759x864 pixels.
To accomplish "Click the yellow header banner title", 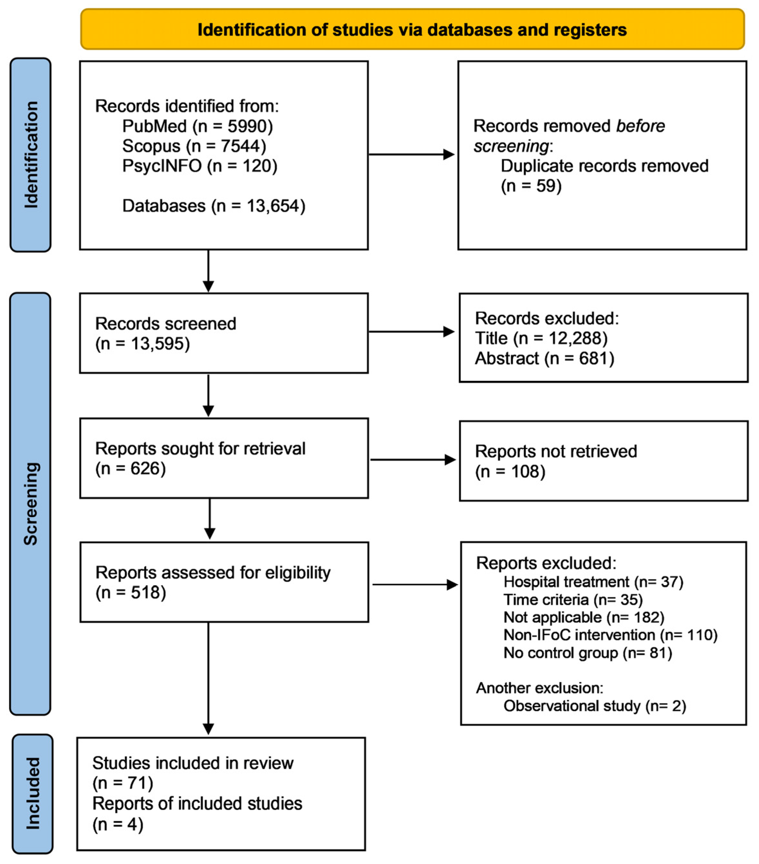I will coord(412,30).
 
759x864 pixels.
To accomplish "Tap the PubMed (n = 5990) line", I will coord(197,126).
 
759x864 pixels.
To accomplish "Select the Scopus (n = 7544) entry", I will coord(194,146).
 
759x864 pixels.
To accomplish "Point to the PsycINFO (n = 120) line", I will coord(200,166).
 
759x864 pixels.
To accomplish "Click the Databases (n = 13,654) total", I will coord(214,206).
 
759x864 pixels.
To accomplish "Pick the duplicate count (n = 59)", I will coord(531,186).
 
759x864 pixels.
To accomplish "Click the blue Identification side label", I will coord(31,155).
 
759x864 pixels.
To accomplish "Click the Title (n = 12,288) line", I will coord(541,338).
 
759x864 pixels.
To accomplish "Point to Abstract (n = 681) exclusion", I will coord(544,358).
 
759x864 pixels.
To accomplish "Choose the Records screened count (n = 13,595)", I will coord(142,344).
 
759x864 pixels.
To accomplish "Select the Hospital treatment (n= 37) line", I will coord(593,582).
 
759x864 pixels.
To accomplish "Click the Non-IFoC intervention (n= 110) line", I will coord(610,635).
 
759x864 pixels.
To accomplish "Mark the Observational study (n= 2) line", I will coord(594,706).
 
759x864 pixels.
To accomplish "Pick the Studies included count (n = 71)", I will coord(123,783).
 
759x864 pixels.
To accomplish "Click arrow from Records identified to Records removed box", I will coord(411,154).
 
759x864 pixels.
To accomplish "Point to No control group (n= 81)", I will coord(587,652).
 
